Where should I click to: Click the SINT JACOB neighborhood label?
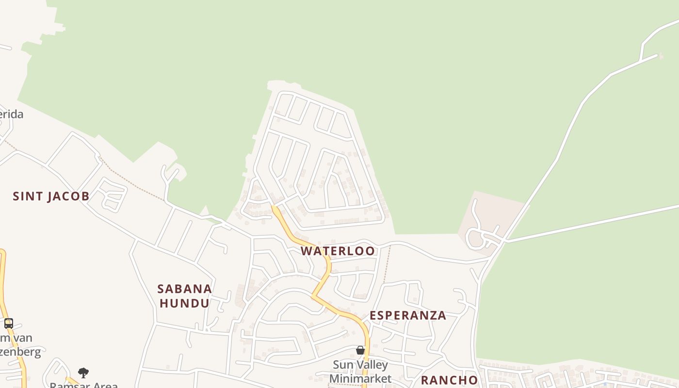pos(51,196)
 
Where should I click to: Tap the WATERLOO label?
pos(338,251)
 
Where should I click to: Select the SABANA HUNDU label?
pos(185,296)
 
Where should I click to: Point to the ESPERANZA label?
pos(408,316)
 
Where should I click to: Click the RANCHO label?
pos(449,380)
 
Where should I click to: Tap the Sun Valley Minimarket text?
pos(360,372)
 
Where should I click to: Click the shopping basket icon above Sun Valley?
pos(360,350)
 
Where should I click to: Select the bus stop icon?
pos(8,323)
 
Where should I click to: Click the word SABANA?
pos(185,289)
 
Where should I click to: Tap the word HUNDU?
pos(185,304)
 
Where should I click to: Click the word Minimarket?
pos(360,378)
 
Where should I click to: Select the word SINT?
pos(26,196)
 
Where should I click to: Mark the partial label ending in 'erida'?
pos(11,114)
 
